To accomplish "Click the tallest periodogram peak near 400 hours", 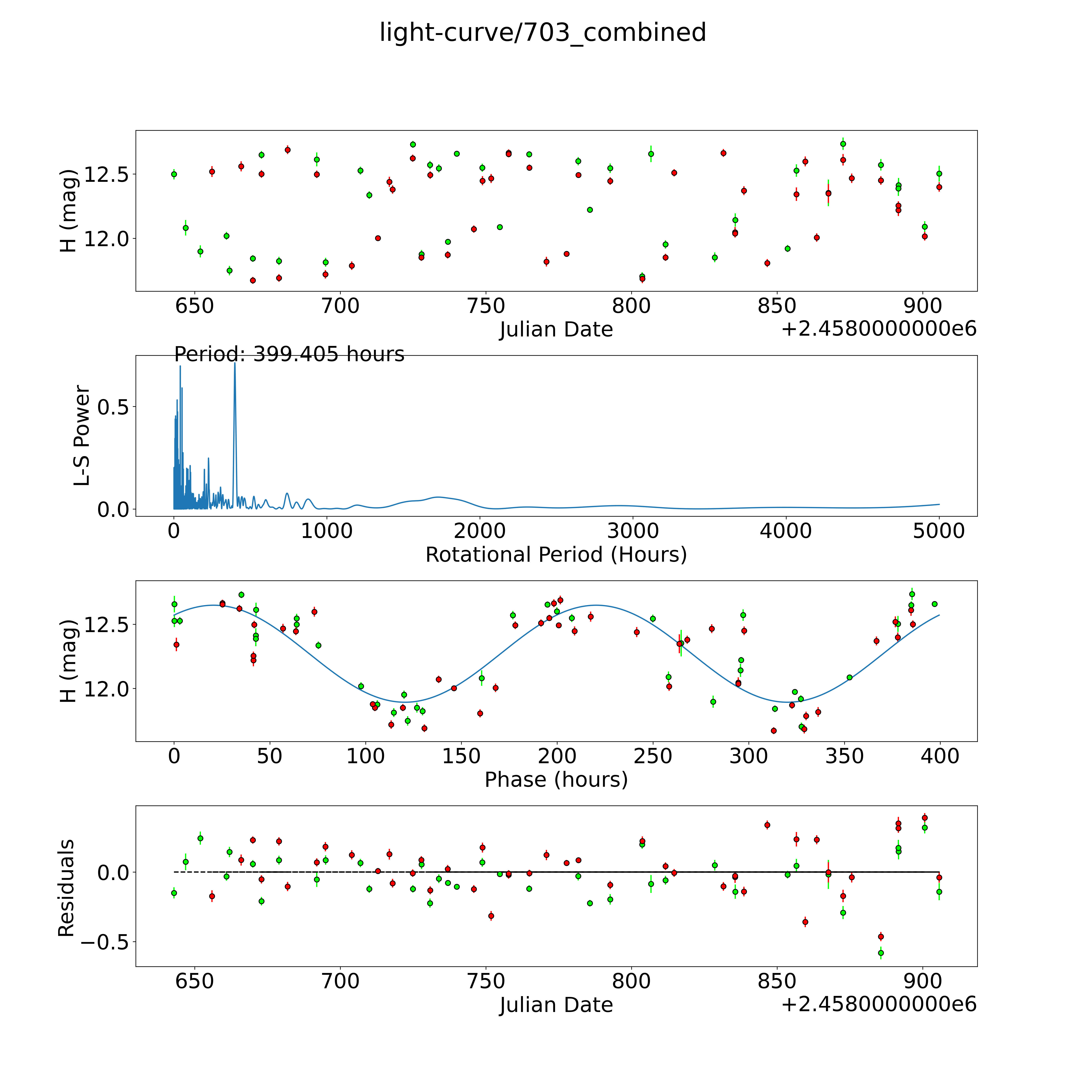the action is pyautogui.click(x=235, y=363).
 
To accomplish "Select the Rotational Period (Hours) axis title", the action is pyautogui.click(x=556, y=555).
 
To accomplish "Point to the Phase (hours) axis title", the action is pyautogui.click(x=556, y=780).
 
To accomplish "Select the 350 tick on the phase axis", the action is pyautogui.click(x=844, y=756).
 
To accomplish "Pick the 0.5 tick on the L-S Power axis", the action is pyautogui.click(x=113, y=407).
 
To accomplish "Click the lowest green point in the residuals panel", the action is pyautogui.click(x=881, y=953).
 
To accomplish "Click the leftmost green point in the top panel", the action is pyautogui.click(x=174, y=174).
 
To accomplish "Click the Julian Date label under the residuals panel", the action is pyautogui.click(x=556, y=1005).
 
